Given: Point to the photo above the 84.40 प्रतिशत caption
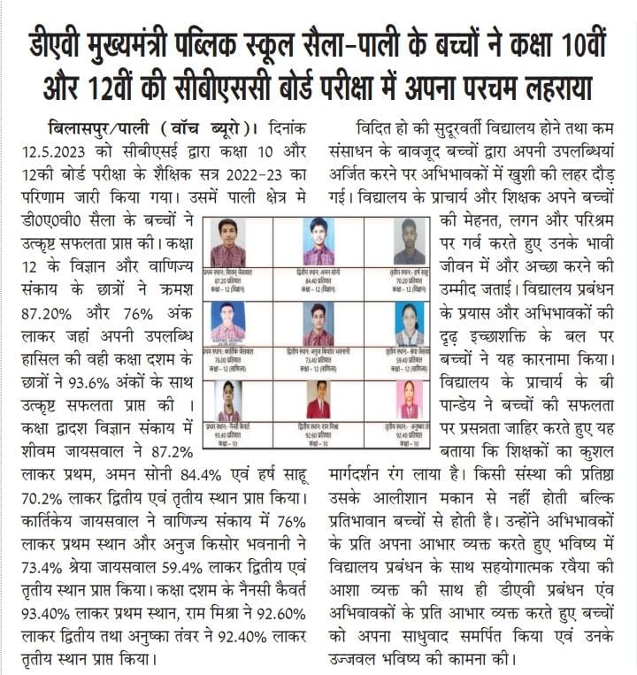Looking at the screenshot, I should tap(318, 241).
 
